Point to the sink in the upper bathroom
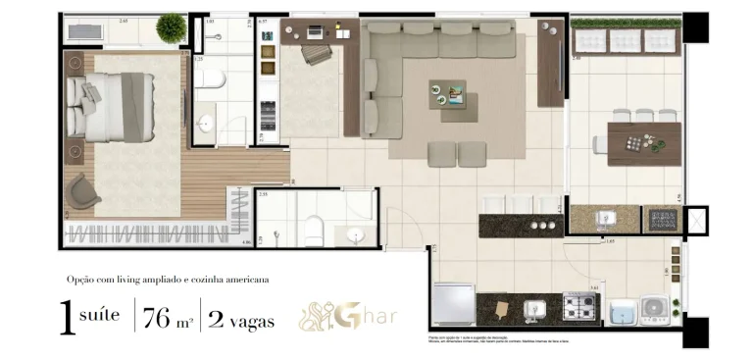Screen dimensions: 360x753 (x=206, y=124)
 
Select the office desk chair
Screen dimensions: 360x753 (x=316, y=54)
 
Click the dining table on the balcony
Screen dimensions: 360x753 (x=644, y=142)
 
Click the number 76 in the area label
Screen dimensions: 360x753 (x=157, y=319)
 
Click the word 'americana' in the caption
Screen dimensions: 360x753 (x=244, y=280)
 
